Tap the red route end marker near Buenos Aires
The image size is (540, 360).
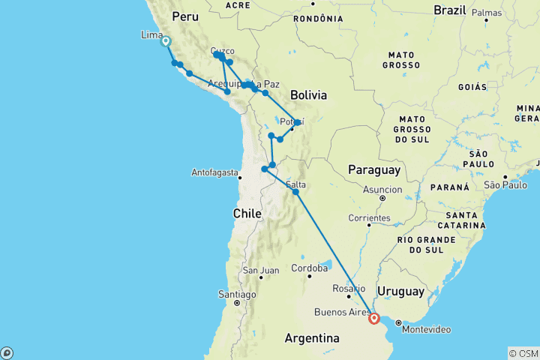373,319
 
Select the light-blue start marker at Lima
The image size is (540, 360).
166,42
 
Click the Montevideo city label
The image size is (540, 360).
426,330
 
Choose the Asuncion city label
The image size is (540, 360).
382,189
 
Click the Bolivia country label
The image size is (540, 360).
308,95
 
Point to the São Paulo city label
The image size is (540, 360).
504,184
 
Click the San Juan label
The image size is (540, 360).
260,270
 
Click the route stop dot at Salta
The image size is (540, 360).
296,192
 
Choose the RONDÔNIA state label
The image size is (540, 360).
313,18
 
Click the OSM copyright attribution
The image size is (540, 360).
523,353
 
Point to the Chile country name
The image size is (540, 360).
247,214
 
